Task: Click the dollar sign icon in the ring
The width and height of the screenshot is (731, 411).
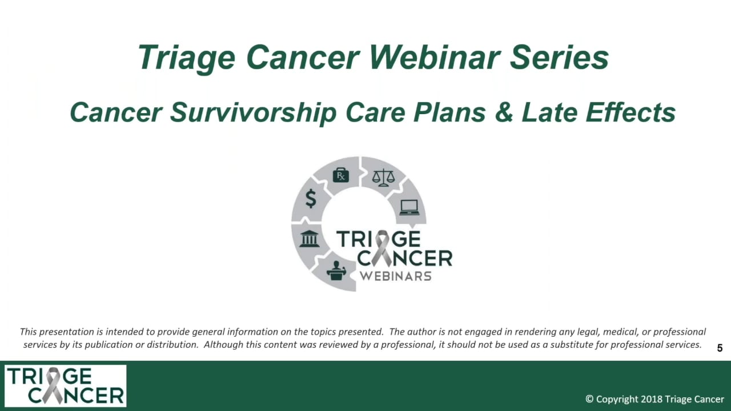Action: [x=311, y=199]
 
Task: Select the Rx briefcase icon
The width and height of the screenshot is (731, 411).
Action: [x=340, y=175]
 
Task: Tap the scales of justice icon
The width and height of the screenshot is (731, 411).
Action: [x=383, y=177]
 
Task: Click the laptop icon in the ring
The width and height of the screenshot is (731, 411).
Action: [x=409, y=207]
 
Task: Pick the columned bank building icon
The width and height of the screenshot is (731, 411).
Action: [x=309, y=238]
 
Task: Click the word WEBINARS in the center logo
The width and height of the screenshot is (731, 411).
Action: [x=395, y=276]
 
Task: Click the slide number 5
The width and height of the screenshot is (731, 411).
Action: [x=720, y=348]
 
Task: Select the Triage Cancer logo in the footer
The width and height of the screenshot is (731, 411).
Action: [x=66, y=386]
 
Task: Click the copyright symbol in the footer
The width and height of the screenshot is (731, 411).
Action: [x=589, y=399]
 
